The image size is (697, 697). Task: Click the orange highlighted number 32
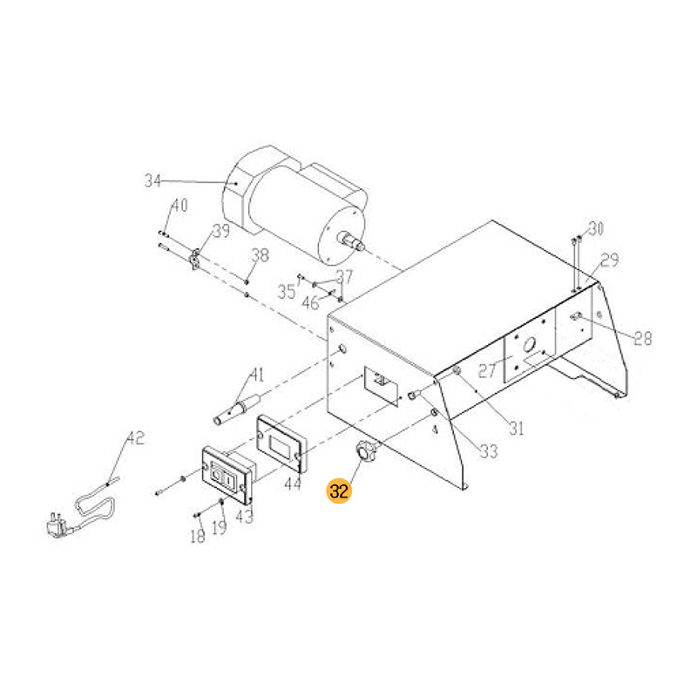tap(339, 491)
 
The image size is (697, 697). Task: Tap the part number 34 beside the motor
tap(152, 181)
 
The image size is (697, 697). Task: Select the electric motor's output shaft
tap(351, 240)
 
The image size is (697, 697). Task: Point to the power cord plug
tap(58, 526)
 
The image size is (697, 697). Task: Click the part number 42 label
tap(136, 438)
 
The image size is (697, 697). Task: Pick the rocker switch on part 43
tap(221, 477)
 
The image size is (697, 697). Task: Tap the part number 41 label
tap(257, 375)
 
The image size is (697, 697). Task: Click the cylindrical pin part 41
tap(237, 408)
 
